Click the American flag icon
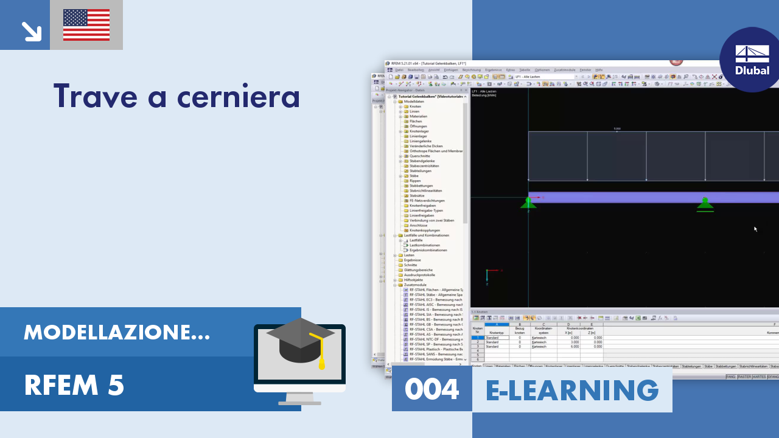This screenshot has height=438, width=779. coord(86,25)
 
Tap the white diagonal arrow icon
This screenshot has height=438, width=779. coord(30,30)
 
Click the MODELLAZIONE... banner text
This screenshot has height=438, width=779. coord(117,332)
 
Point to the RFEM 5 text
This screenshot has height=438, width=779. coord(74,385)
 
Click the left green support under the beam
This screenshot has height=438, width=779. coord(528,203)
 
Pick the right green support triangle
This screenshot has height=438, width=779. coord(705,203)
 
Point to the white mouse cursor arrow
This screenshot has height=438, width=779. coord(755,229)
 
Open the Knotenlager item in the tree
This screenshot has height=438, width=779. coord(419,131)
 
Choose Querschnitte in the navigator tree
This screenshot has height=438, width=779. coord(420,156)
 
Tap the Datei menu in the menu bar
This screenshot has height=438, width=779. coord(399,70)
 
